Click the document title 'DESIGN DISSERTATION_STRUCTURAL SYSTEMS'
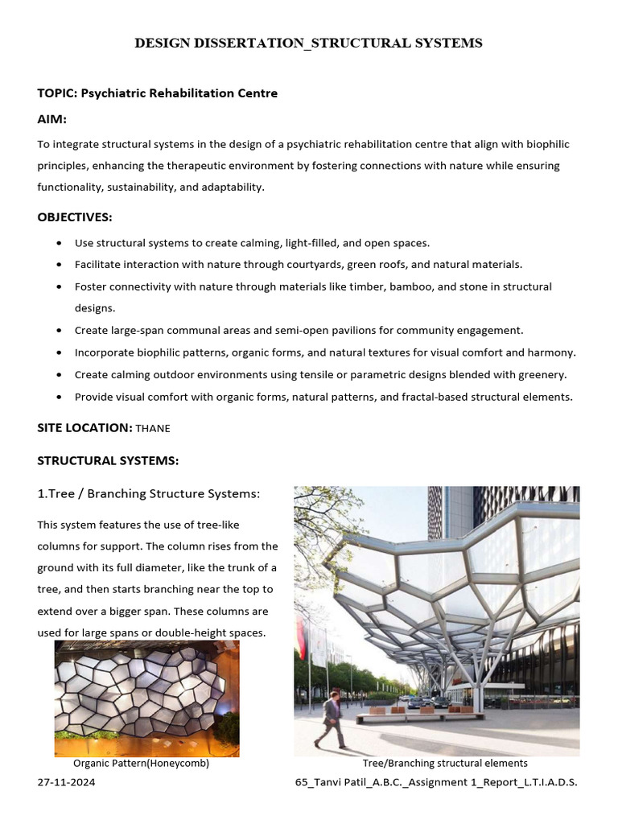point(308,43)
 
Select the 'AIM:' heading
point(52,119)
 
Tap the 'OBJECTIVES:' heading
point(75,217)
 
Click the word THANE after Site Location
point(153,429)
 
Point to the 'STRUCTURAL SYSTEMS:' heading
point(108,460)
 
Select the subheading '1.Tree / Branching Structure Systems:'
point(149,493)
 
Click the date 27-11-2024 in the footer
point(66,782)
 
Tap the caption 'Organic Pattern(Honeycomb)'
point(141,764)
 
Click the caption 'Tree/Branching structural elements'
point(445,763)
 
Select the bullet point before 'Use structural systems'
point(61,243)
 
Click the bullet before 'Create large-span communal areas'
point(61,331)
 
